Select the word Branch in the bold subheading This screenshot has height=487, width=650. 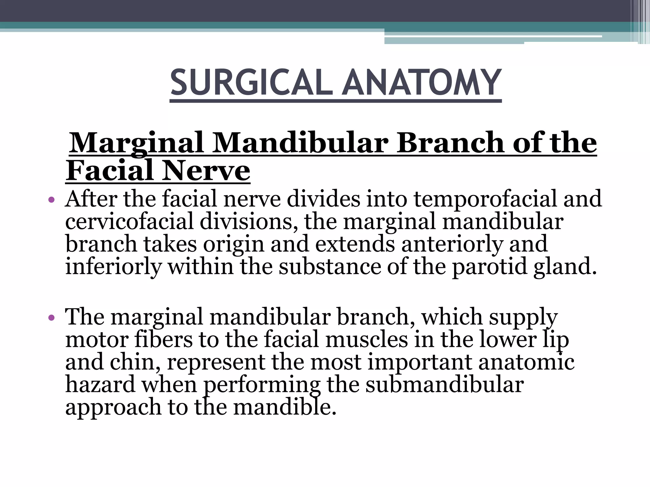450,143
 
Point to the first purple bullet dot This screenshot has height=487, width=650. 52,200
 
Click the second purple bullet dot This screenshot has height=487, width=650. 52,318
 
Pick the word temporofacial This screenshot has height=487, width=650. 485,199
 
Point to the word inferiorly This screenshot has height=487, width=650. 113,267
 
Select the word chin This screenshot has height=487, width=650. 135,362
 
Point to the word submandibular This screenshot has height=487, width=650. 444,384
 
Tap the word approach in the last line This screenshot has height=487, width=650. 113,408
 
